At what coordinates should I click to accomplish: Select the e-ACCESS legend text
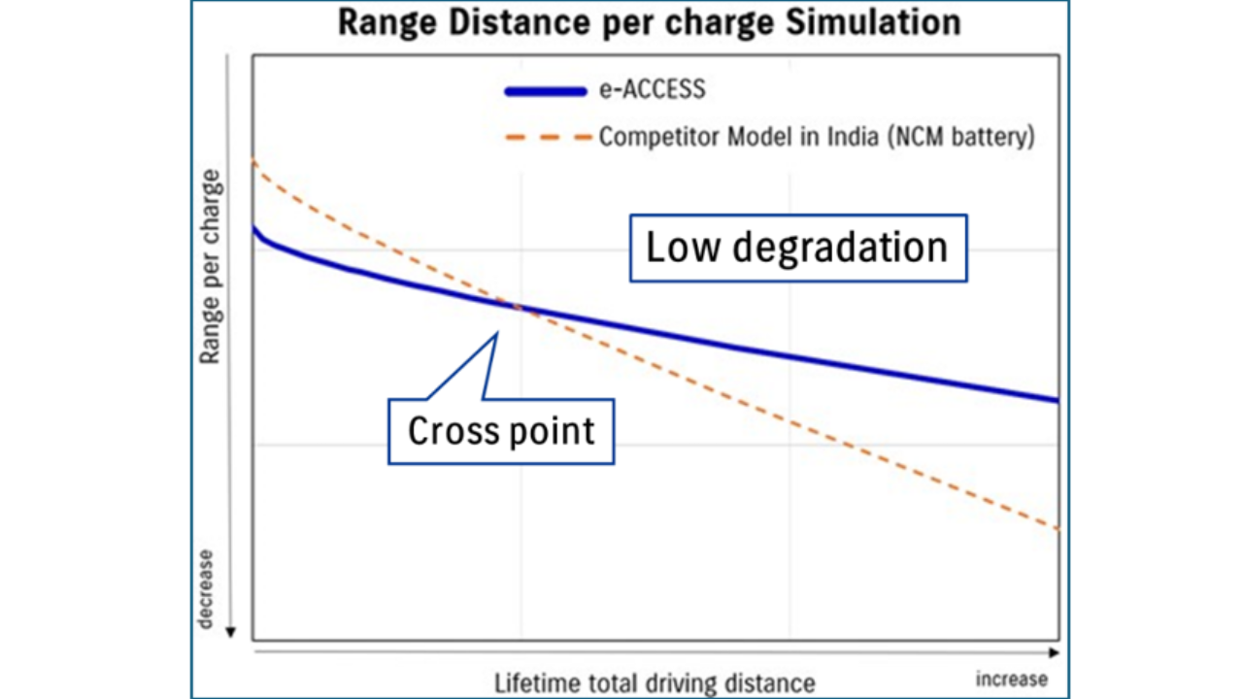[652, 91]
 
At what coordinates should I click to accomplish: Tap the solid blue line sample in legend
[546, 92]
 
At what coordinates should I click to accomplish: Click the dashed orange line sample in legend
[546, 138]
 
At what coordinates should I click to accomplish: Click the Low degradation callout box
[797, 248]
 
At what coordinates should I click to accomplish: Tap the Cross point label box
[501, 430]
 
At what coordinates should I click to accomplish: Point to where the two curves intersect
[521, 309]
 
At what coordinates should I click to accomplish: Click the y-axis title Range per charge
[210, 267]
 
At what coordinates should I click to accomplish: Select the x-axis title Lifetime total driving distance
[655, 682]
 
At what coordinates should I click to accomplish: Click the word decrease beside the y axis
[206, 588]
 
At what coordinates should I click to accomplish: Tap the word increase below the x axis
[1012, 678]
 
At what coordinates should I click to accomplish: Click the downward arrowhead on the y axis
[230, 633]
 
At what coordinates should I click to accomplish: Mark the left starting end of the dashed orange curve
[254, 161]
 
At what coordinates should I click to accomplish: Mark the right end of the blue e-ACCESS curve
[1056, 400]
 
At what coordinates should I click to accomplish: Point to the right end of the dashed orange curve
[1056, 529]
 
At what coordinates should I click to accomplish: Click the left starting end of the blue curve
[254, 228]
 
